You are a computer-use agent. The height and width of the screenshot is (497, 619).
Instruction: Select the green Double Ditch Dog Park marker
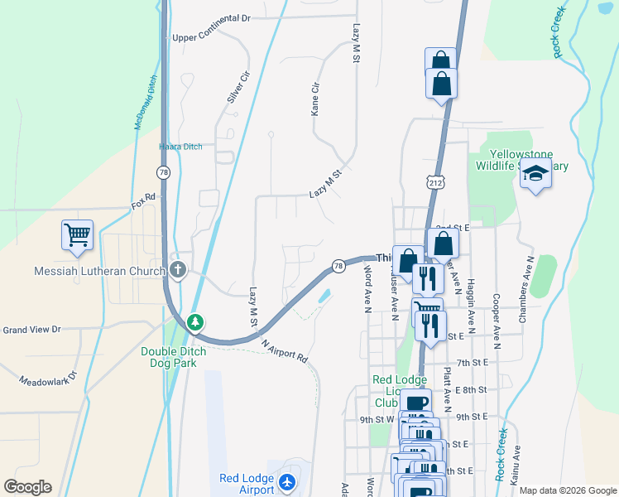194,321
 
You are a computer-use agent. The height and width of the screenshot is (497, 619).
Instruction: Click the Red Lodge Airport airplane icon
287,481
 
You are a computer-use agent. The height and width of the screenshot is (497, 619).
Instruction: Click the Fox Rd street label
143,201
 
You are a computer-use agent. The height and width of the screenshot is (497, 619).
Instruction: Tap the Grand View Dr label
31,330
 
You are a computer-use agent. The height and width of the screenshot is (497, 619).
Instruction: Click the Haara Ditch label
180,147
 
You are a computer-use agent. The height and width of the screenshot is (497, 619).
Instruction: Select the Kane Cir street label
314,99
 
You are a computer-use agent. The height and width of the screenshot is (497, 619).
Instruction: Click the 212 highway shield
434,180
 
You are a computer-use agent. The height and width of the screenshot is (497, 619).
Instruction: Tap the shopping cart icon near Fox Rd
77,234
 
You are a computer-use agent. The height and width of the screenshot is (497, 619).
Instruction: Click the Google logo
27,487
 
